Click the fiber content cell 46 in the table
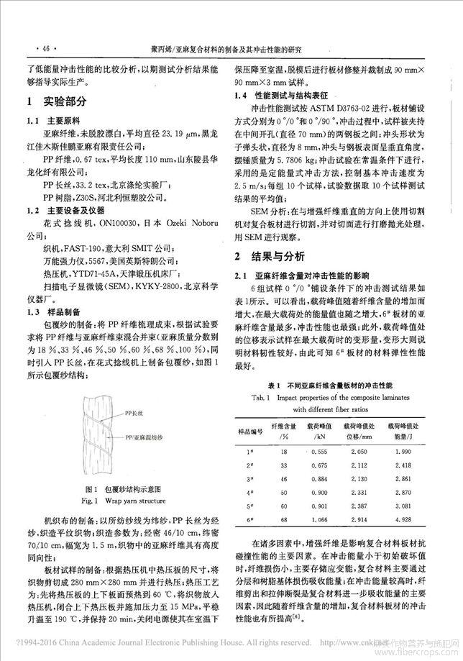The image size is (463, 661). coord(283,478)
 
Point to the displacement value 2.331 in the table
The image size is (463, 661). coord(374,491)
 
